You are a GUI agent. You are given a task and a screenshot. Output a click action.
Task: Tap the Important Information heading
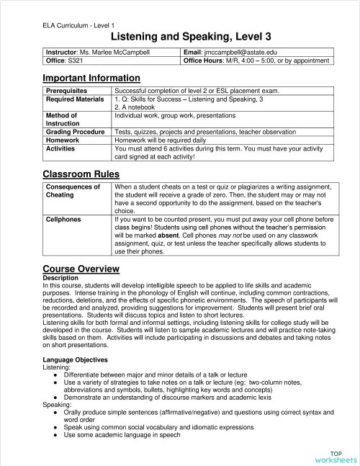click(91, 78)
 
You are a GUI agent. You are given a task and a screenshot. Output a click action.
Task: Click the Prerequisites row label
click(67, 91)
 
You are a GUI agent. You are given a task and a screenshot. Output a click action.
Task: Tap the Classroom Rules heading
click(81, 174)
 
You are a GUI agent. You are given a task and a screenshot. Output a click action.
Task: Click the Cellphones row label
click(63, 219)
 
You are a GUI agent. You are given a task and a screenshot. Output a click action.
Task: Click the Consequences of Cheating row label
click(73, 191)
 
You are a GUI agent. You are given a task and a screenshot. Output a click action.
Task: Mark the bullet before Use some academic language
click(57, 435)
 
